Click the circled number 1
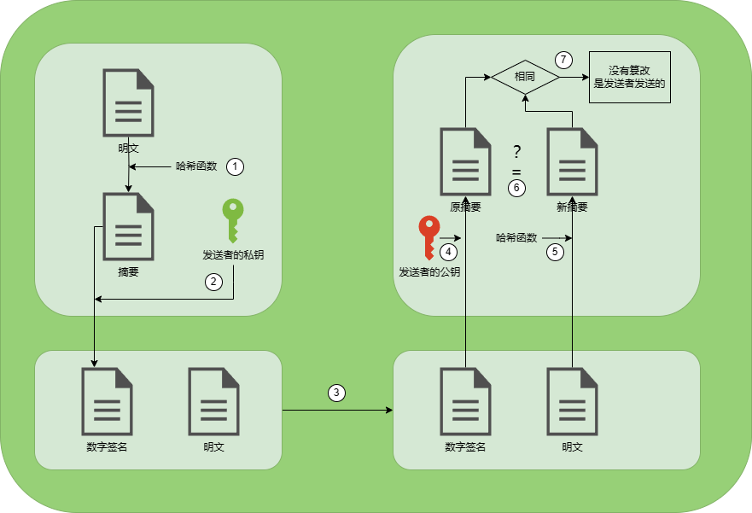pos(236,166)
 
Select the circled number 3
pos(337,393)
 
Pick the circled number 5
pos(555,252)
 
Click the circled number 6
pos(516,187)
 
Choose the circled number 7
pos(563,60)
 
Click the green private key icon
pos(233,220)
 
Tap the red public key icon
pos(428,237)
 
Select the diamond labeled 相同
pos(525,77)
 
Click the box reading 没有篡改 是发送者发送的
pos(630,77)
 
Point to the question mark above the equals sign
pos(516,153)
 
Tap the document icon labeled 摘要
pos(128,226)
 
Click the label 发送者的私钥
pos(233,254)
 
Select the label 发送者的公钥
pos(429,272)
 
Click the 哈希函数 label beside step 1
pos(196,166)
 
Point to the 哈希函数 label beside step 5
pos(516,238)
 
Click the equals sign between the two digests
pos(516,172)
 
